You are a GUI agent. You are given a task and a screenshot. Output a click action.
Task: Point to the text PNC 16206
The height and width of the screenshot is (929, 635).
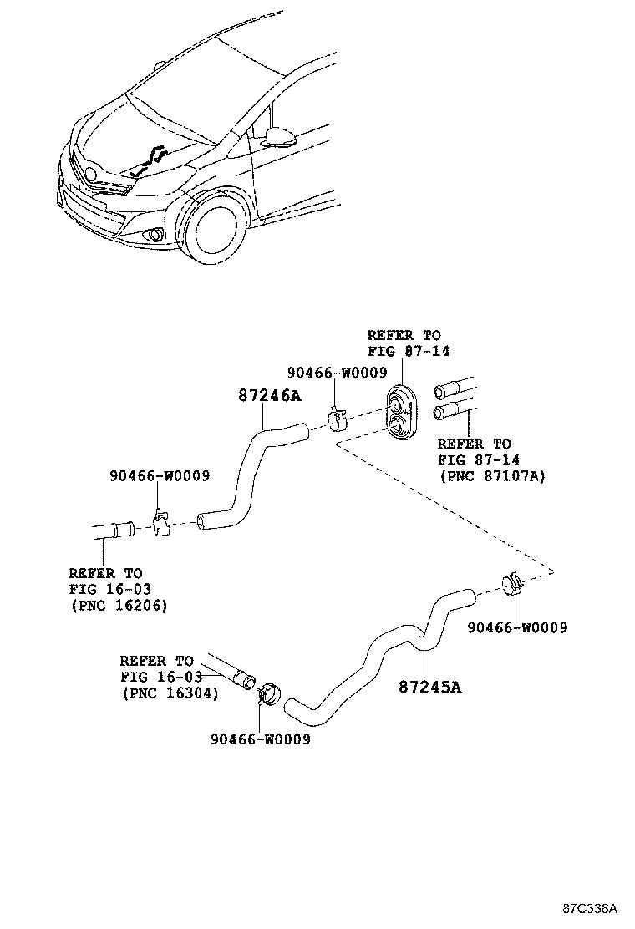coord(118,605)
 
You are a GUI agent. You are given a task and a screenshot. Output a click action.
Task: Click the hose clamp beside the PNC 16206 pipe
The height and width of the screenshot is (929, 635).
coord(159,521)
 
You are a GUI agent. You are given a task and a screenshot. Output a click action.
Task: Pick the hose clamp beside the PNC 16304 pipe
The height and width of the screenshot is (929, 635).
coord(269,693)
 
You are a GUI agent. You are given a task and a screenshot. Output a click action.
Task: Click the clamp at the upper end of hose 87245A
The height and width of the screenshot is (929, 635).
coord(514,584)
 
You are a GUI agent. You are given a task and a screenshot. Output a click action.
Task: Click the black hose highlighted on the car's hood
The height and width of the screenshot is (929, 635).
coord(150,158)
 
